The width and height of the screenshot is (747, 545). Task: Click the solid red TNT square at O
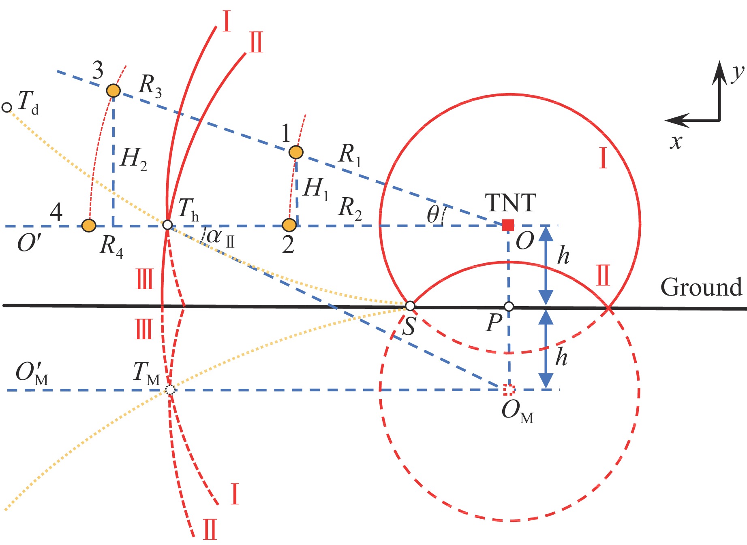tap(508, 225)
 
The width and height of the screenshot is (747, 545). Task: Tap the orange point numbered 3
tap(113, 91)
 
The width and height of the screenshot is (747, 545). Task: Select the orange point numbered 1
tap(296, 152)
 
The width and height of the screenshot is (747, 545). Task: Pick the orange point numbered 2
tap(289, 225)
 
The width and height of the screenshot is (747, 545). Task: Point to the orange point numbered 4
tap(88, 225)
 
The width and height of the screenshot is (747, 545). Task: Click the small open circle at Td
tap(6, 107)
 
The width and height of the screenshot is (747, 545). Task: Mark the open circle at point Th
tap(167, 225)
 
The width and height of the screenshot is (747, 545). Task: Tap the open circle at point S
tap(410, 305)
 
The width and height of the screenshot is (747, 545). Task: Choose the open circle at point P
tap(509, 307)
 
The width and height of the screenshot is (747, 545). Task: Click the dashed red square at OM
tap(509, 390)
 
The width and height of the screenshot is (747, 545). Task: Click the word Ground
tap(701, 287)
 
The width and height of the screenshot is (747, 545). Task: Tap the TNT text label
tap(510, 202)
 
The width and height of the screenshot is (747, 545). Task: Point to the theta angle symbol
tap(433, 214)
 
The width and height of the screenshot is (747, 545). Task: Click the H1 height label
tap(316, 189)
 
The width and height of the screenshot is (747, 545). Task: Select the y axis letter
tap(738, 73)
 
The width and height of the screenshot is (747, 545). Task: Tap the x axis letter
tap(676, 142)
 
